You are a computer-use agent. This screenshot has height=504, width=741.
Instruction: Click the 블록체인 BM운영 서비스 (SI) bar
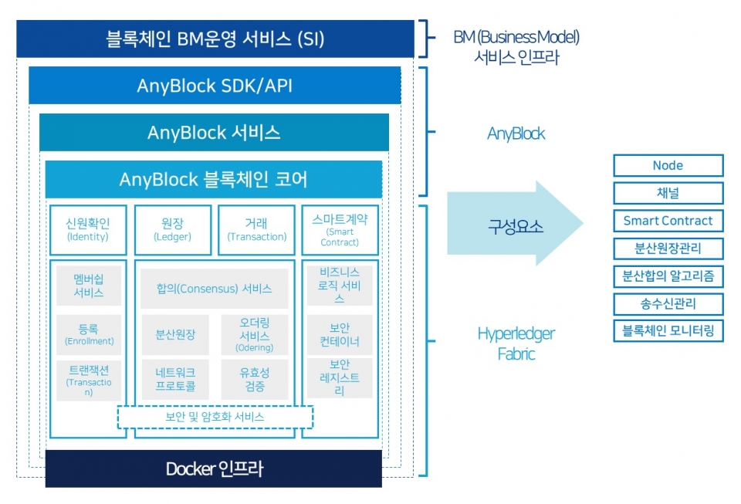coord(215,39)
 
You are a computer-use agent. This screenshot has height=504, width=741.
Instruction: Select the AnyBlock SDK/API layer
coord(215,85)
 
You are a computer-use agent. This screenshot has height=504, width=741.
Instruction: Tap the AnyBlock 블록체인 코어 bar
coord(214,180)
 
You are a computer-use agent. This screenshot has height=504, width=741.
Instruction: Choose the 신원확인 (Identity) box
coord(88,230)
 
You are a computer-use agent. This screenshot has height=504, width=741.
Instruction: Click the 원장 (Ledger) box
coord(173,230)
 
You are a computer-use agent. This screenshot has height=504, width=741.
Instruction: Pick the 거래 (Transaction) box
coord(256,230)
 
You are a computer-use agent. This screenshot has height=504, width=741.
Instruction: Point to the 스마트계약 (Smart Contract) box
coord(340,230)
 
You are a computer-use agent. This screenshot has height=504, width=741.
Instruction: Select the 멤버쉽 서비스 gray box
coord(89,286)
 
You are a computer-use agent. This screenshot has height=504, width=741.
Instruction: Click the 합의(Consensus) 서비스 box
coord(214,289)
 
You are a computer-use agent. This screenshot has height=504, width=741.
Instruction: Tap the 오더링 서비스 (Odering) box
coord(254,335)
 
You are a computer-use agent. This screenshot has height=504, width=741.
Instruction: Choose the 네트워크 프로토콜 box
coord(174,379)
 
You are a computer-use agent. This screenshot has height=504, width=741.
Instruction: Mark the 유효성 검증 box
coord(254,379)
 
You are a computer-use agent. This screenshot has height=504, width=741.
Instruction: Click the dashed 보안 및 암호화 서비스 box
coord(215,417)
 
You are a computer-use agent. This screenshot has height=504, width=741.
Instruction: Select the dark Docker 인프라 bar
coord(214,468)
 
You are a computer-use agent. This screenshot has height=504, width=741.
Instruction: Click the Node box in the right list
coord(668,165)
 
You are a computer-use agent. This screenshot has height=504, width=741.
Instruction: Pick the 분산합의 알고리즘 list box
coord(668,276)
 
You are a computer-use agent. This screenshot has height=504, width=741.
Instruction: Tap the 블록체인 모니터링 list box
coord(668,331)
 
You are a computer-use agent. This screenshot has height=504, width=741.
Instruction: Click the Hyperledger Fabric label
coord(516,343)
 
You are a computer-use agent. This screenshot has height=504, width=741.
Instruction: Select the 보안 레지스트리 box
coord(340,377)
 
